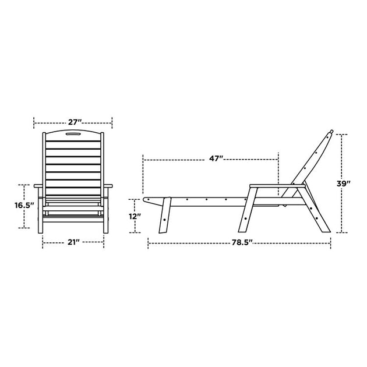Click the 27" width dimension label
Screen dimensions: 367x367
75,122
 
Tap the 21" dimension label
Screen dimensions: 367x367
74,242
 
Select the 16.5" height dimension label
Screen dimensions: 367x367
24,206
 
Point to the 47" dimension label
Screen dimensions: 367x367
216,158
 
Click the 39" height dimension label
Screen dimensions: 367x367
343,183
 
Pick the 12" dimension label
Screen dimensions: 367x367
135,217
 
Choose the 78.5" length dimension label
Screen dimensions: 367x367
242,242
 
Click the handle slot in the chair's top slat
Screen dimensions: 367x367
73,134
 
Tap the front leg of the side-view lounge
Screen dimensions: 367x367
165,216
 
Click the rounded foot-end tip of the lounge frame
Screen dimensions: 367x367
144,200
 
